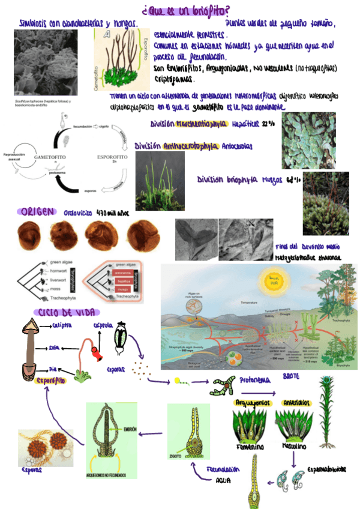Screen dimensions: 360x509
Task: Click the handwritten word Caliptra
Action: pos(62,326)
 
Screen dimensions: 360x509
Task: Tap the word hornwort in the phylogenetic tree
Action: pos(59,271)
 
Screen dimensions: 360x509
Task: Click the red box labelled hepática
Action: pos(124,280)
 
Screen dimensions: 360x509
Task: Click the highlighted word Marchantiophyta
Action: pos(202,124)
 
